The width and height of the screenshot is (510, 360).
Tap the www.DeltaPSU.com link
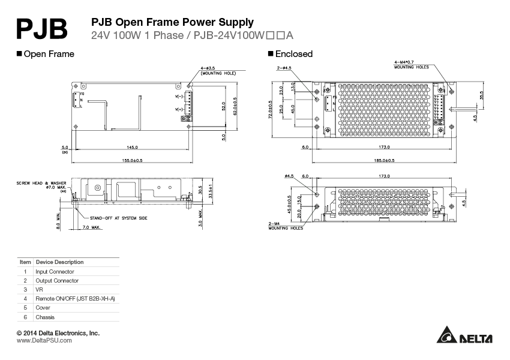tap(44, 340)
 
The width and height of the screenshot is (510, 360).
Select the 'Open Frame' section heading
tap(49, 54)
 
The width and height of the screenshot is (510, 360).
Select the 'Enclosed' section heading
tap(293, 54)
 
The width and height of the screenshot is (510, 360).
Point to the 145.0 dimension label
tap(132, 147)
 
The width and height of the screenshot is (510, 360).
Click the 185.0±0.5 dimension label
tap(385, 161)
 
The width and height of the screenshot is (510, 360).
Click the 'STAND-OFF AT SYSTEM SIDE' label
tap(118, 218)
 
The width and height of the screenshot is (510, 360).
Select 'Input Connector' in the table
tap(55, 272)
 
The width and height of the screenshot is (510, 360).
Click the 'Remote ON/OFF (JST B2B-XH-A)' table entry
tap(75, 299)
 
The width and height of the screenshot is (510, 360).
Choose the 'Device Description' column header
tap(59, 262)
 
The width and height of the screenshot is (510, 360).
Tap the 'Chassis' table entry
tap(45, 317)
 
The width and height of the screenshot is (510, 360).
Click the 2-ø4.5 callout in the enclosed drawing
tap(284, 68)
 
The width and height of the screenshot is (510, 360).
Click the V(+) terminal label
tap(179, 110)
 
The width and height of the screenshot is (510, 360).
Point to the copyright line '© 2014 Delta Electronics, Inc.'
tap(58, 332)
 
